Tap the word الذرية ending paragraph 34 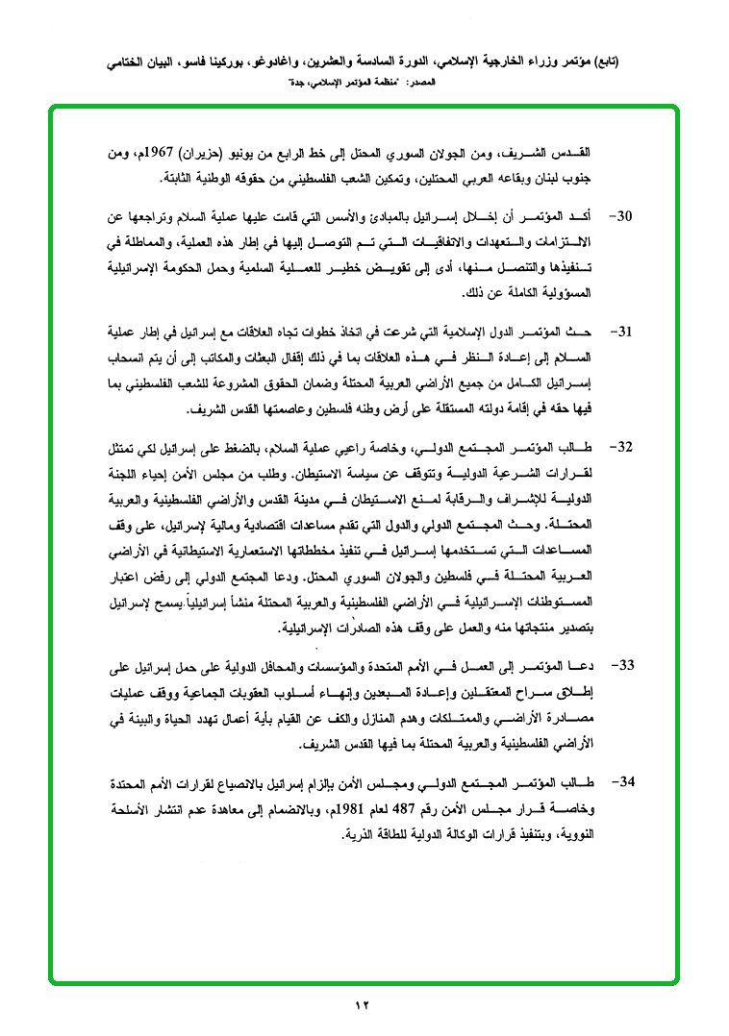(x=361, y=830)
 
